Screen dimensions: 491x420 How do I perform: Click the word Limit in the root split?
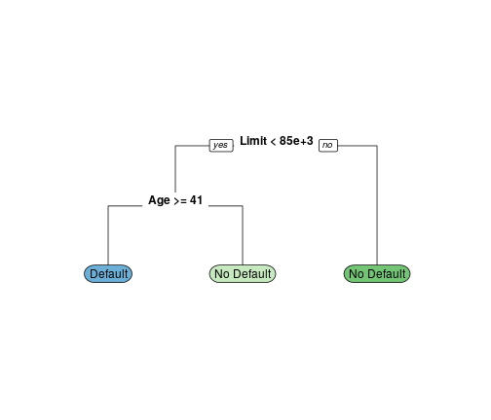pos(253,141)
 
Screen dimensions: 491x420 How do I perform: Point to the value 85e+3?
pos(296,141)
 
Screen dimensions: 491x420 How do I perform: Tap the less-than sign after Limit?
pos(273,142)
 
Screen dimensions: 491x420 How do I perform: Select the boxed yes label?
pos(221,146)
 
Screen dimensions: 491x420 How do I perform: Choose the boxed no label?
pos(328,146)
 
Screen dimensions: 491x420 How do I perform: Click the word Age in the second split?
pos(159,200)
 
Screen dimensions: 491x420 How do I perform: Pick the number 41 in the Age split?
pos(196,200)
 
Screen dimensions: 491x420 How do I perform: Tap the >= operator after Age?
pos(180,201)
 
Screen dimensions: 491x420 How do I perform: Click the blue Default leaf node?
pos(108,274)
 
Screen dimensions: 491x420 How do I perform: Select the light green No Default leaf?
pos(243,274)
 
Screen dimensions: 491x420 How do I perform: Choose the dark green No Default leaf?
pos(377,274)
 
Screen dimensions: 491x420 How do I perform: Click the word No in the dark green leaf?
pos(357,274)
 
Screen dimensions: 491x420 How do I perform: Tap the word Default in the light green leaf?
pos(251,274)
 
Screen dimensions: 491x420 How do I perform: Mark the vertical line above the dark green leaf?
pos(377,205)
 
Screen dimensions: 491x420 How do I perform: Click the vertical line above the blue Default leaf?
pos(108,235)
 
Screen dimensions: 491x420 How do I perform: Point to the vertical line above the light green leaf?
pos(243,235)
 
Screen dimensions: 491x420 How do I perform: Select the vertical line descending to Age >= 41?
pos(175,169)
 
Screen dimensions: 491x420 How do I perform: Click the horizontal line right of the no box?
pos(358,146)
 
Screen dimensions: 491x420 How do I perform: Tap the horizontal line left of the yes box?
pos(192,146)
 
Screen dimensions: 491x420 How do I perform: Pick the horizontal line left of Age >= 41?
pos(125,206)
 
